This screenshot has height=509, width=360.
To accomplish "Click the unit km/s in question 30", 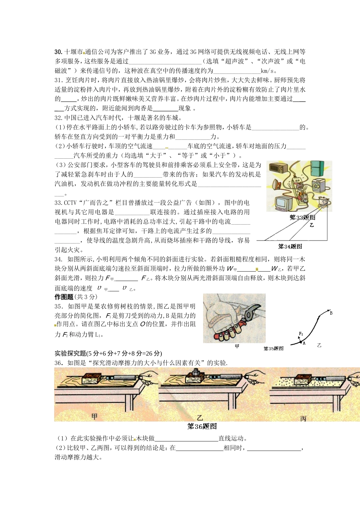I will (x=267, y=71).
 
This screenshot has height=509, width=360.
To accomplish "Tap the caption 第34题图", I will (x=290, y=247).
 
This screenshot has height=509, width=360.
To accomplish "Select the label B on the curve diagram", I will (x=331, y=313).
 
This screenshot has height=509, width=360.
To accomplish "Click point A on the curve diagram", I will (x=303, y=343).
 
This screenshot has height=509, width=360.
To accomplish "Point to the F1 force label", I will (x=301, y=334).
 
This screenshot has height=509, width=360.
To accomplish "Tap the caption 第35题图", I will (x=274, y=348).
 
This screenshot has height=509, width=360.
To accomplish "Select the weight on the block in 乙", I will (x=197, y=372).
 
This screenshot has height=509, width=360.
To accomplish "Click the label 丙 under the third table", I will (x=303, y=419).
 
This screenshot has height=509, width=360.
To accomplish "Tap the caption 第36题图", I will (x=202, y=426).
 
